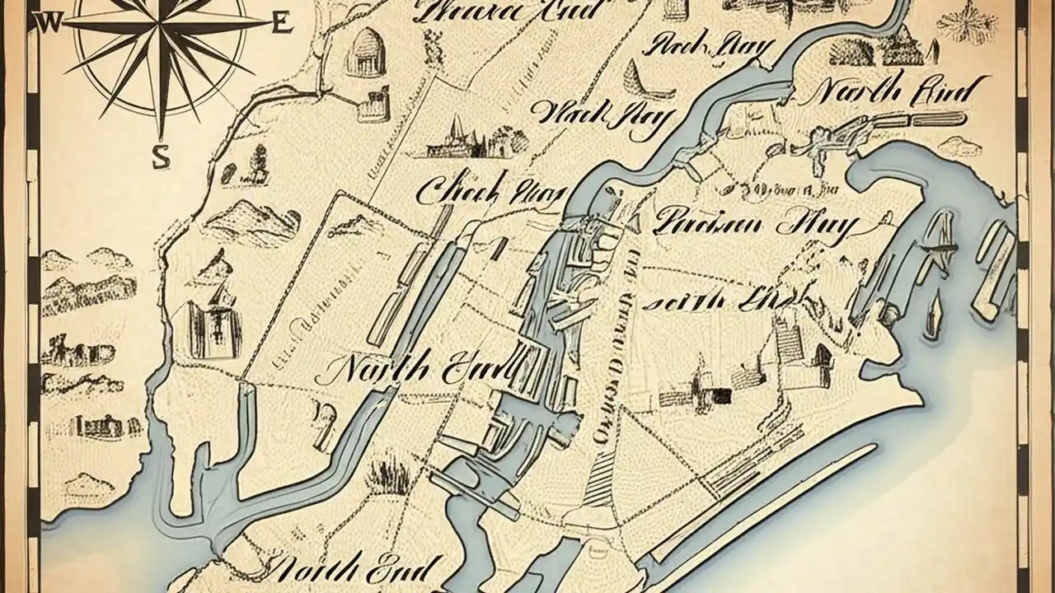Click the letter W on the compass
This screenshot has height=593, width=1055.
(x=47, y=23)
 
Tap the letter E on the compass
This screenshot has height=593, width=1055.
(x=280, y=23)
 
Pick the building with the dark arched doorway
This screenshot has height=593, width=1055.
(x=822, y=355)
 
